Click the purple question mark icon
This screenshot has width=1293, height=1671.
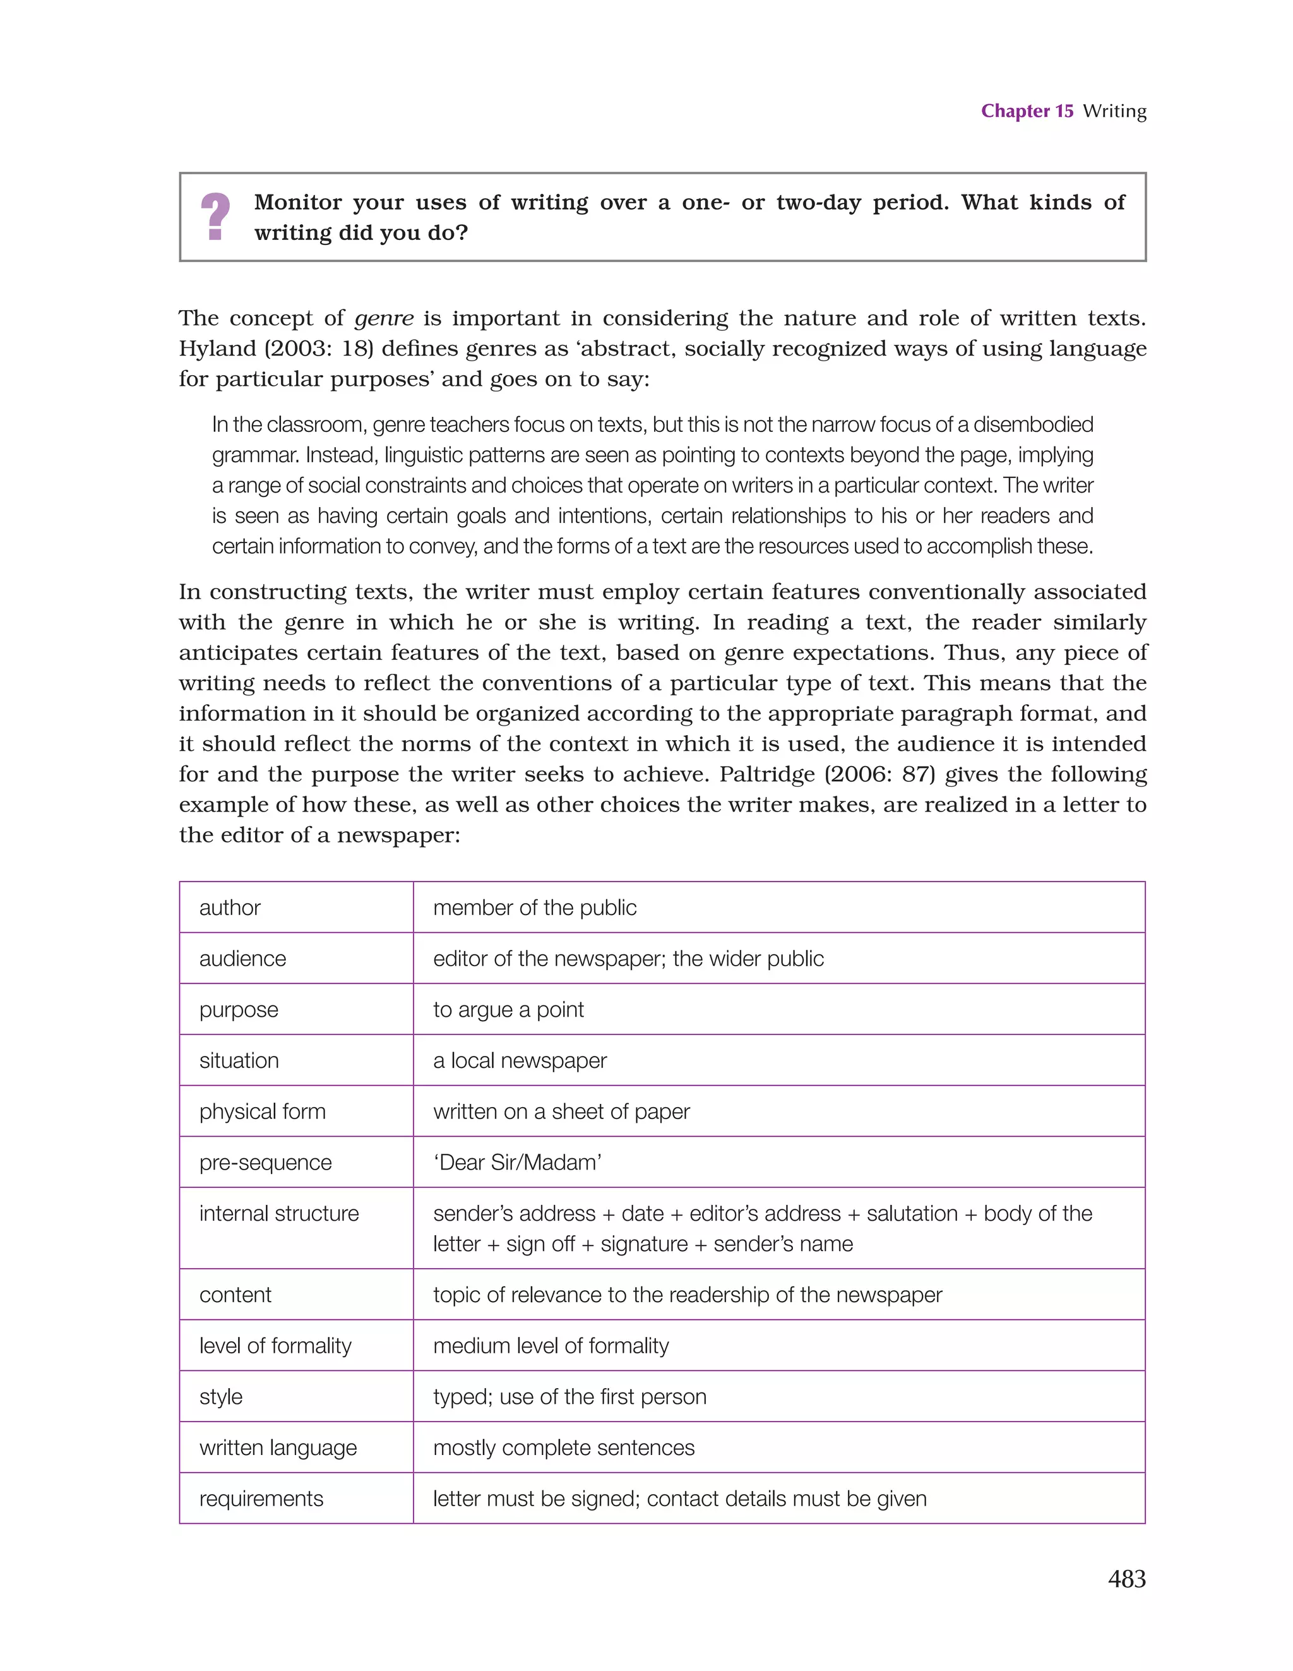point(215,217)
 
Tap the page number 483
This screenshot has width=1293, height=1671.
point(1126,1578)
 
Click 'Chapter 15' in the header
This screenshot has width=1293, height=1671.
point(1027,111)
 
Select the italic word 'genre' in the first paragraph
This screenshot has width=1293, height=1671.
point(384,318)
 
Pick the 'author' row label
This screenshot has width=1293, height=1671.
point(230,907)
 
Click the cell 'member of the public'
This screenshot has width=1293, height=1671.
point(534,907)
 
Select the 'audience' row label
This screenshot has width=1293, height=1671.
point(242,959)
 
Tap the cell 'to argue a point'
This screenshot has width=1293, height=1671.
point(508,1010)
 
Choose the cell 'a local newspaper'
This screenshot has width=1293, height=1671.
point(520,1060)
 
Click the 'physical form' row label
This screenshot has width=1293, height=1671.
point(263,1111)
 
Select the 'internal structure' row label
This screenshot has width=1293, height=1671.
point(278,1214)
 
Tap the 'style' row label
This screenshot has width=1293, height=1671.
point(220,1396)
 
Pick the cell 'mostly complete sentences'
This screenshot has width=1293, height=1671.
point(564,1447)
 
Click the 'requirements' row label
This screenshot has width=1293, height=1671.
point(261,1498)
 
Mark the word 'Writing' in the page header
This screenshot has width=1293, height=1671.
point(1114,111)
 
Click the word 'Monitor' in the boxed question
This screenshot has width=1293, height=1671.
point(297,203)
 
